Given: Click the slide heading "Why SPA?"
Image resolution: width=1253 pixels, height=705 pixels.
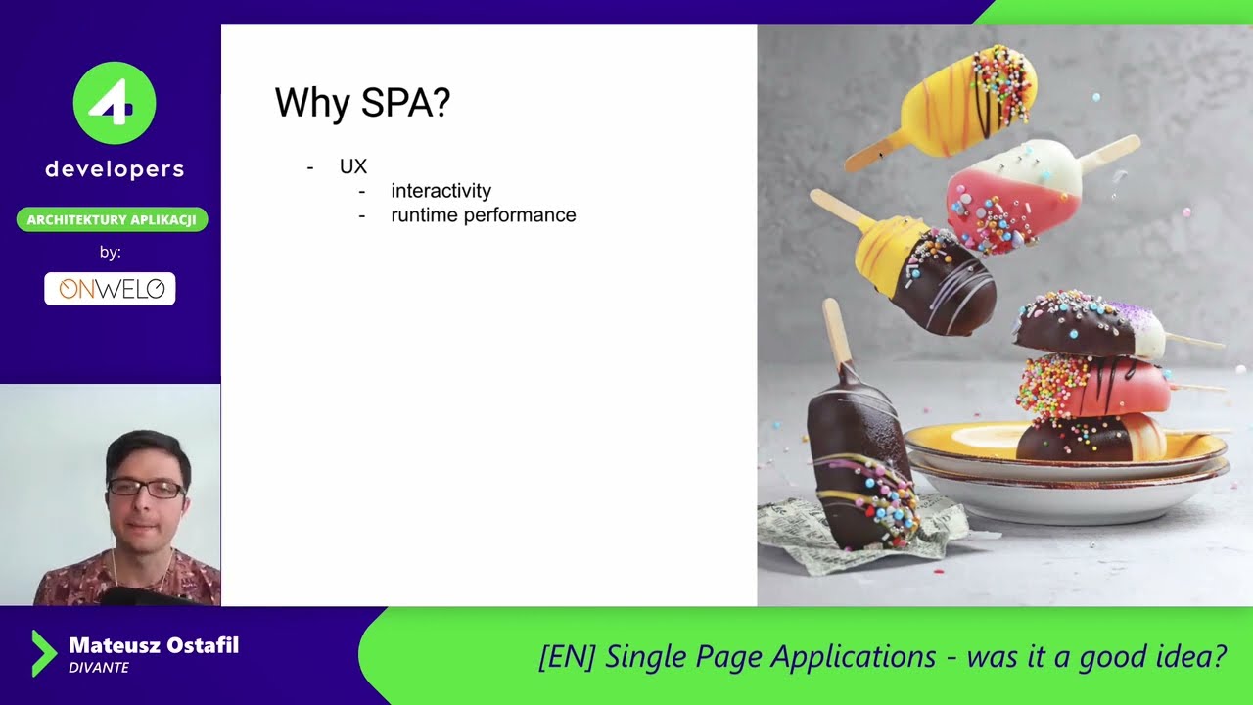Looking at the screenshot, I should [362, 103].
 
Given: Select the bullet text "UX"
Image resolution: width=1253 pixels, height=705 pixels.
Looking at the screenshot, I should [353, 166].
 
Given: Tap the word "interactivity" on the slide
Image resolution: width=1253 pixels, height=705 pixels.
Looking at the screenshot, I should [441, 191].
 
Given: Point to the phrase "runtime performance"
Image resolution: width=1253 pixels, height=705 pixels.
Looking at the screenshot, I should [484, 215].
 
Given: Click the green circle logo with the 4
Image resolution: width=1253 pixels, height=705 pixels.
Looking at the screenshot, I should [115, 103].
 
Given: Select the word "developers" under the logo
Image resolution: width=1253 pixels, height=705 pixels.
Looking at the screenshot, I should [115, 169].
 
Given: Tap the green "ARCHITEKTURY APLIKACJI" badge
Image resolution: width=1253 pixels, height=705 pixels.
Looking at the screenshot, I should [112, 219].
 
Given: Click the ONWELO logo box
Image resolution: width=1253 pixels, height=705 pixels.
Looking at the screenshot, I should [110, 289].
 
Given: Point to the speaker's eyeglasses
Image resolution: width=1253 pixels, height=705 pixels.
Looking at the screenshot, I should [146, 487].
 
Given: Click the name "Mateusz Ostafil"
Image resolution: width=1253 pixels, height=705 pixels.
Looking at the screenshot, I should [154, 645].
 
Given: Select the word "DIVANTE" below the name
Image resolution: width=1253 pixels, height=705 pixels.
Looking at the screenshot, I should [99, 668].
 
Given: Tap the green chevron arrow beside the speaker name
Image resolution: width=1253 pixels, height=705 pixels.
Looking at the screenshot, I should [43, 653].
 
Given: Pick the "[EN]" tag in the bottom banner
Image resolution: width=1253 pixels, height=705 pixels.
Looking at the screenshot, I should [567, 656].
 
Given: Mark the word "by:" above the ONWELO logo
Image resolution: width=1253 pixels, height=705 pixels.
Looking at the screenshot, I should [111, 253].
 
